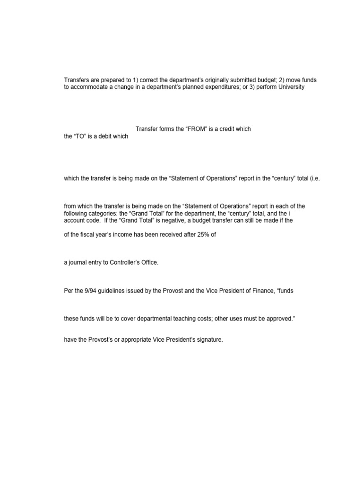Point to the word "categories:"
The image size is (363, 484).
102,213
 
